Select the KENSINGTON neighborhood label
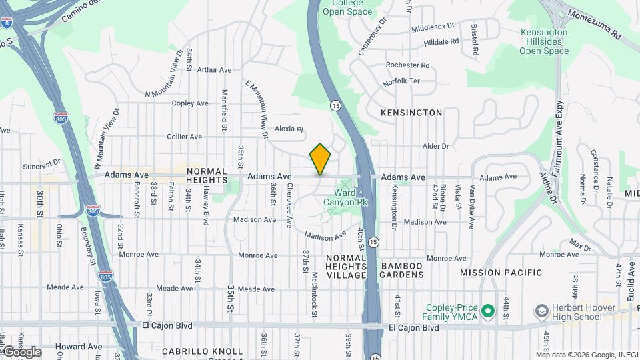(411, 113)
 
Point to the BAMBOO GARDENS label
(402, 270)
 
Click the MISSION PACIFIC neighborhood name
(501, 273)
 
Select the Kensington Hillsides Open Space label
(543, 41)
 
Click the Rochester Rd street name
(407, 65)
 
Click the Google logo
(21, 352)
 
